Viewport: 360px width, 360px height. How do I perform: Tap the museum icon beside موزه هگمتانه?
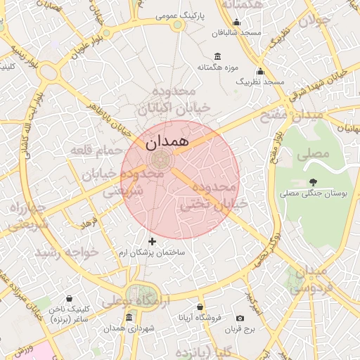pyautogui.click(x=217, y=56)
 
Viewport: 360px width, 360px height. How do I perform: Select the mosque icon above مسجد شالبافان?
pyautogui.click(x=236, y=22)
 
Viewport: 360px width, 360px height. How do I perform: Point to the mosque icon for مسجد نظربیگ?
pyautogui.click(x=260, y=71)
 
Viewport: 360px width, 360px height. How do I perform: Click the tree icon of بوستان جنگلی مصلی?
pyautogui.click(x=313, y=182)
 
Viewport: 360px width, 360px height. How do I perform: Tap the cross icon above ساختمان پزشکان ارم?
pyautogui.click(x=152, y=241)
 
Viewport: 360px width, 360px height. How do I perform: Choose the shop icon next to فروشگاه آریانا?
pyautogui.click(x=200, y=307)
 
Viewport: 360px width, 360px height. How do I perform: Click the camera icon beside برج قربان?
pyautogui.click(x=240, y=319)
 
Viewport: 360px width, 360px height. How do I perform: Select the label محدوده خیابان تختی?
pyautogui.click(x=207, y=196)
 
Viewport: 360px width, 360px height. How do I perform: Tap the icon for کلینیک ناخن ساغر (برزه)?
pyautogui.click(x=69, y=298)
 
